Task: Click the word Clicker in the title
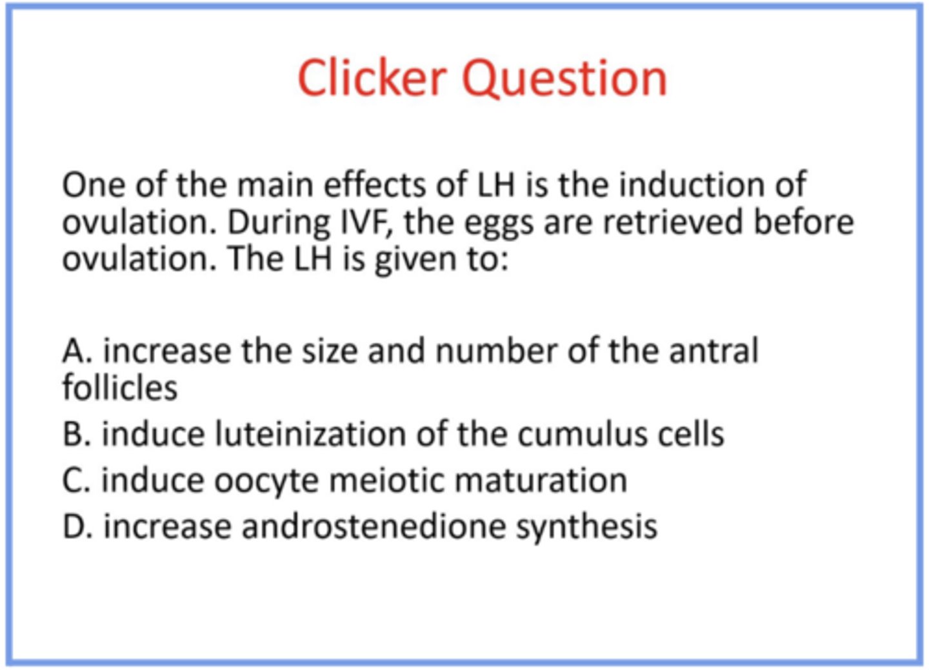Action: coord(372,78)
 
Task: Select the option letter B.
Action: coord(75,434)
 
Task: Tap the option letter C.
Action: coord(75,480)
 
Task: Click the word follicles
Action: coord(119,388)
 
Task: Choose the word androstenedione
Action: coord(374,527)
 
